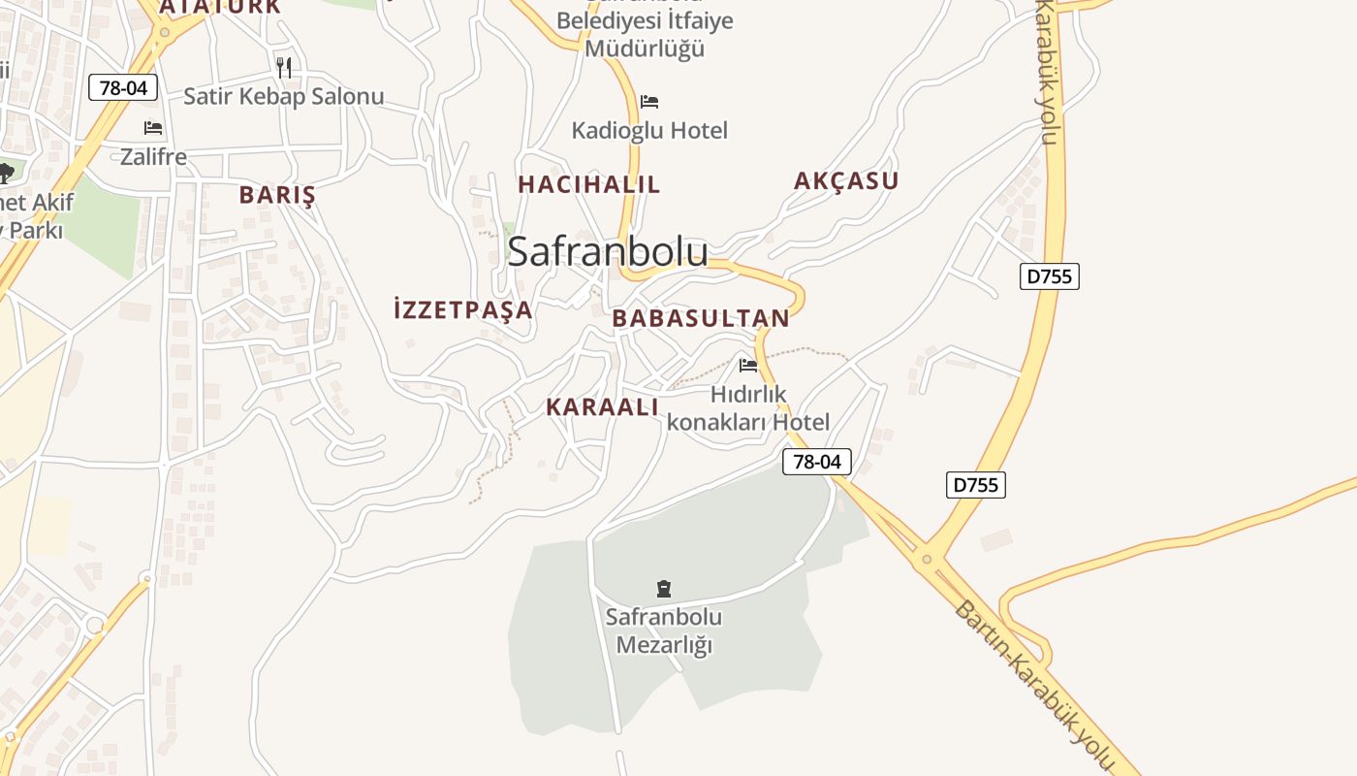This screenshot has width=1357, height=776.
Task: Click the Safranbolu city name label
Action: pos(608,251)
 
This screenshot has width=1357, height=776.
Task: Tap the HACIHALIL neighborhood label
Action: pos(588,184)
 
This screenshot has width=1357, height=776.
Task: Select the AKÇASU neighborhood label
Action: pos(846,180)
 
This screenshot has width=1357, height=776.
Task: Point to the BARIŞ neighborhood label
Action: pos(277,194)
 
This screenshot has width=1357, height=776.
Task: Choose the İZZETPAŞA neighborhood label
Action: pos(463,309)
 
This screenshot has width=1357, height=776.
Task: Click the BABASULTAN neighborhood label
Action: pos(701,318)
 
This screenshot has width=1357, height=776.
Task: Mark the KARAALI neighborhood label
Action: pos(602,407)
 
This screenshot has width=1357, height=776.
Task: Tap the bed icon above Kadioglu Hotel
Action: pos(649,102)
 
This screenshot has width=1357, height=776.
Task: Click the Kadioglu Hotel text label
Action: pos(649,130)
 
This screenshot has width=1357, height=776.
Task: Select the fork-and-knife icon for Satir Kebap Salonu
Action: pos(283,67)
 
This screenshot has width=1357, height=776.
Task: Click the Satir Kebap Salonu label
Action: pos(283,96)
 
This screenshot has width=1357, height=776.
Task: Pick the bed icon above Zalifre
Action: pos(153,128)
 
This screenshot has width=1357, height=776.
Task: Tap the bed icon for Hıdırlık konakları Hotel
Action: pos(748,366)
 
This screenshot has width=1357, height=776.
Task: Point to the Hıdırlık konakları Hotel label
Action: pos(748,408)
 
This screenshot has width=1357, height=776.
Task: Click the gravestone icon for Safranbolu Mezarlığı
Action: pos(664,588)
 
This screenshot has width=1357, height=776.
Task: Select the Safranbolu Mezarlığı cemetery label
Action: pos(664,630)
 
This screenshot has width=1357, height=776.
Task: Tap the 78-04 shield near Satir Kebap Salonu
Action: pos(123,87)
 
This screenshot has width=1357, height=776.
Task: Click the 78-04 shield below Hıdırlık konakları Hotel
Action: pos(817,462)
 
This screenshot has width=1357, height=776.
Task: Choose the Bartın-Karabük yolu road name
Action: pos(1033,688)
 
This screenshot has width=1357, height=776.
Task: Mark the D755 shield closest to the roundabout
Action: pos(976,485)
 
